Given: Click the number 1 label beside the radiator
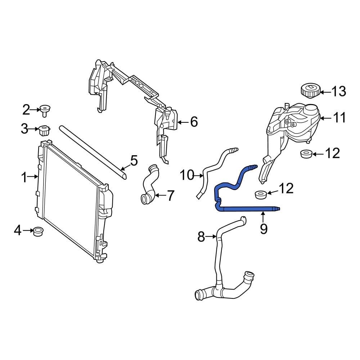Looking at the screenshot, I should point(24,177).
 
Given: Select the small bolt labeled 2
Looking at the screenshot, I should point(45,109).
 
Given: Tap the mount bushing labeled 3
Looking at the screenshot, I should point(44,130).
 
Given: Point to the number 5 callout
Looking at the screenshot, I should point(134,161).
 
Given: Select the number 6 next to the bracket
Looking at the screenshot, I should point(194,122).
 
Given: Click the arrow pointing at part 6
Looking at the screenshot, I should point(183,122).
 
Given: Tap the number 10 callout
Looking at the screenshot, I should point(187,176).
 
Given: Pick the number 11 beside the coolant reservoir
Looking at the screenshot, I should point(338,118).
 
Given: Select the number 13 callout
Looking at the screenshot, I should point(338,92).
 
